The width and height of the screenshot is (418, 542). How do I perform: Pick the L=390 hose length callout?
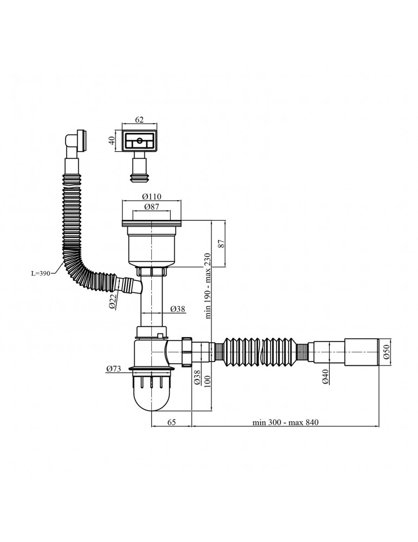(x=40, y=274)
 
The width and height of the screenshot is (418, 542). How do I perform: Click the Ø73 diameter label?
(x=113, y=370)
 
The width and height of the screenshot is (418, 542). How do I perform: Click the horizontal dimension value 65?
(x=171, y=422)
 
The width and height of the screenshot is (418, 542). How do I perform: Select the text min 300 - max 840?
(x=284, y=422)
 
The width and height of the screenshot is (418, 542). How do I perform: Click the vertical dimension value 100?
(x=207, y=384)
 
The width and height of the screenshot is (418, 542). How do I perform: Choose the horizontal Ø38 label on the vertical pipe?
(x=178, y=308)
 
